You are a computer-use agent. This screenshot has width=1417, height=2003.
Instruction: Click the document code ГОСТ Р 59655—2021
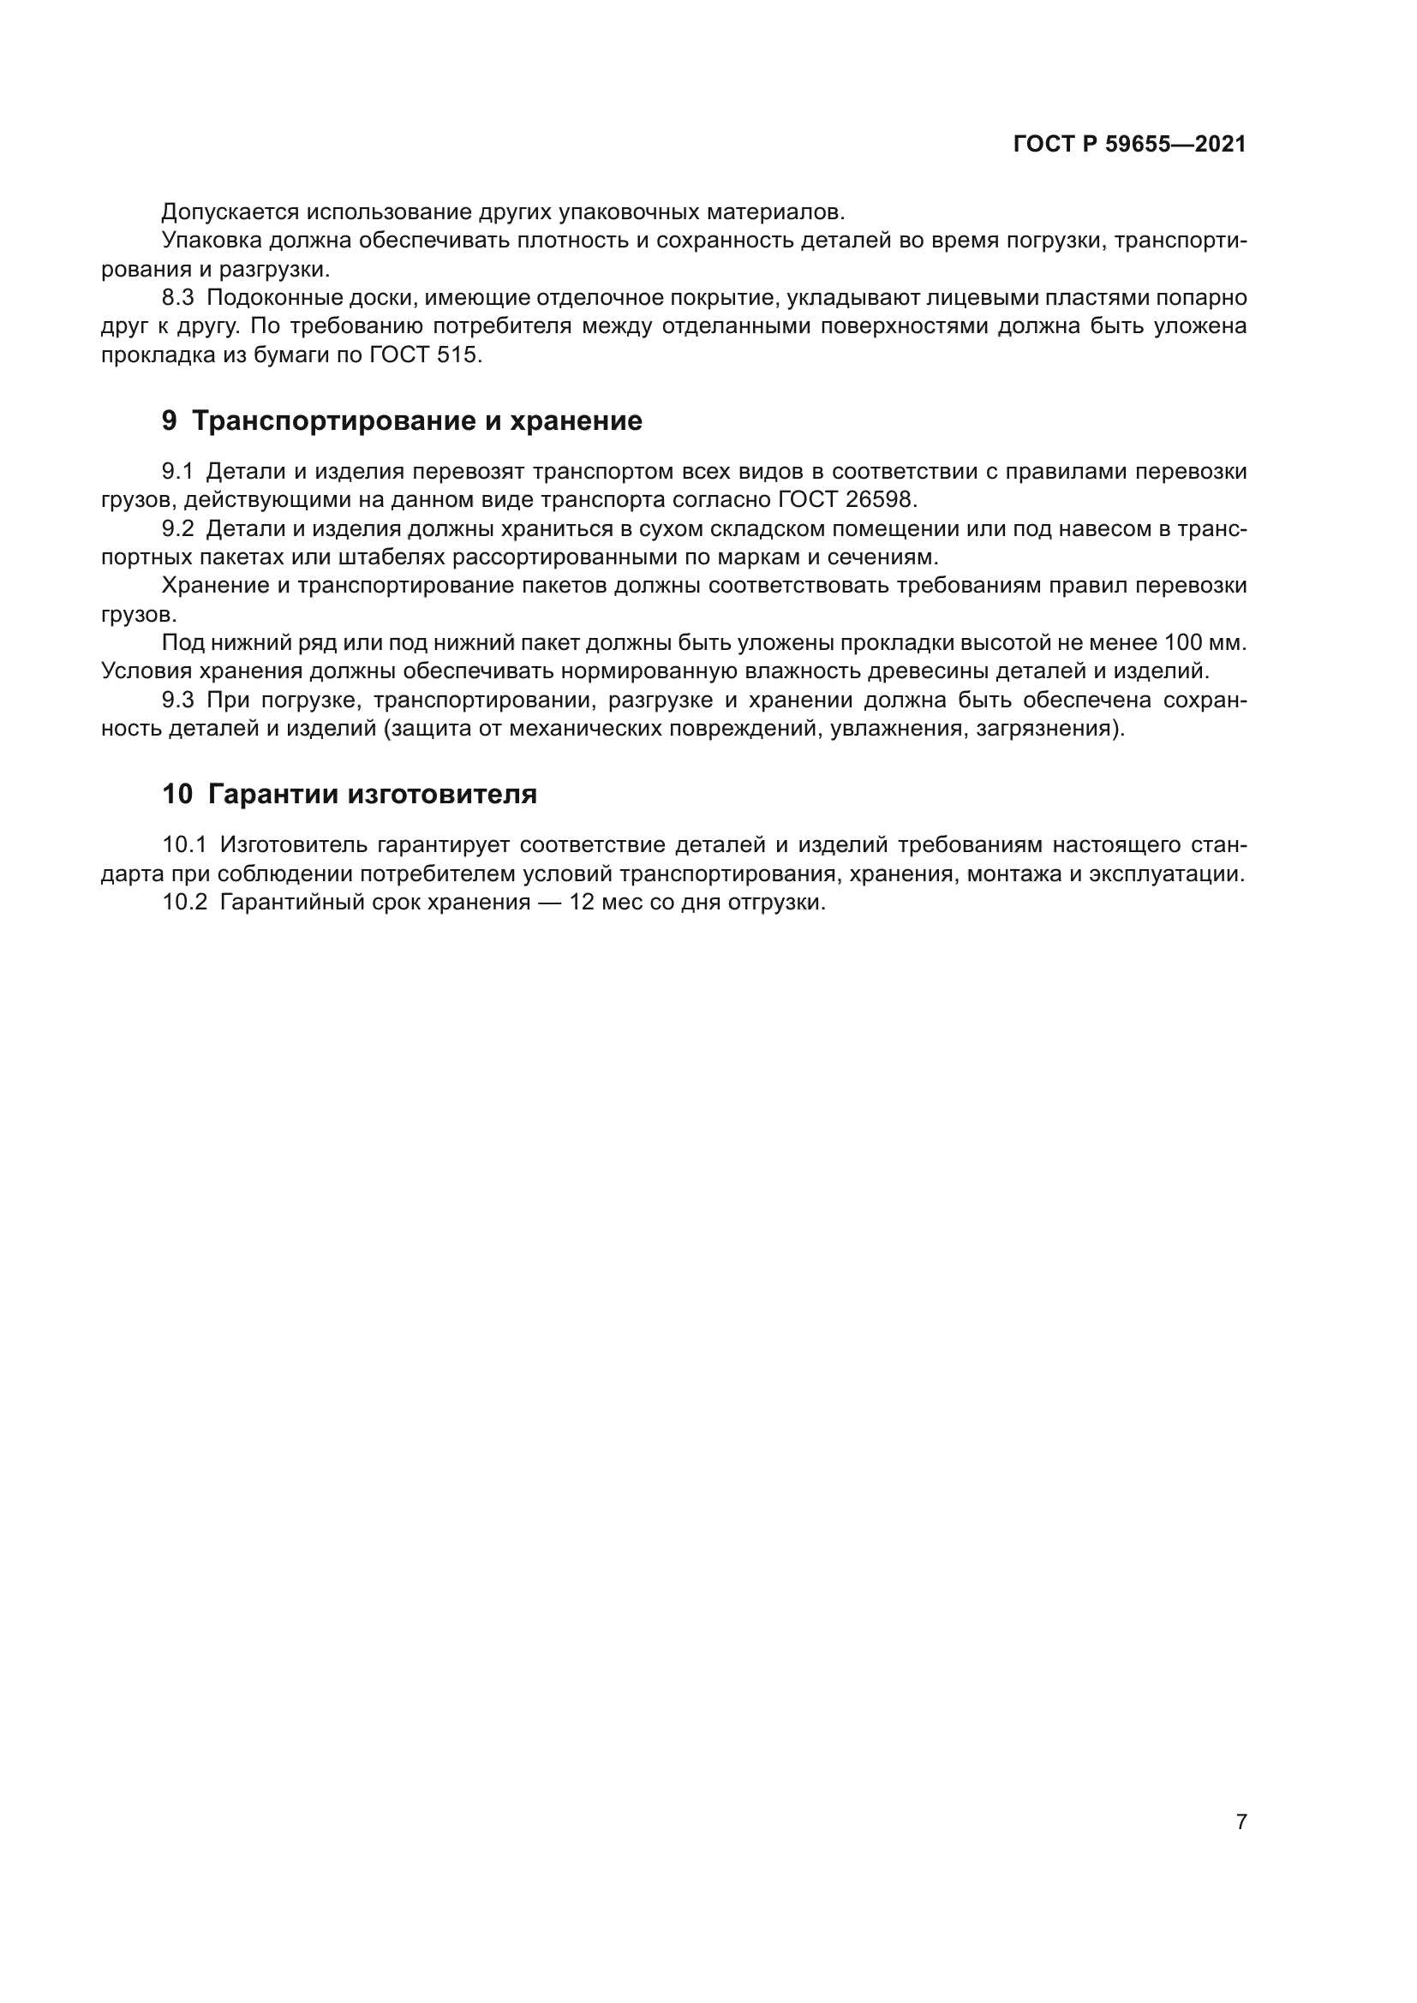click(x=1129, y=145)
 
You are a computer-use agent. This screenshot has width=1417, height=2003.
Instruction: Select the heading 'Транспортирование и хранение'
click(x=416, y=421)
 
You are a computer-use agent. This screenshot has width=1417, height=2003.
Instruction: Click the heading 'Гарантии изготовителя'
click(x=373, y=795)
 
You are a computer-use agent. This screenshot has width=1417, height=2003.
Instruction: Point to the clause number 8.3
click(x=178, y=298)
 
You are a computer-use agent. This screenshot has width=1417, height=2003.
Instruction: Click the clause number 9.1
click(x=178, y=472)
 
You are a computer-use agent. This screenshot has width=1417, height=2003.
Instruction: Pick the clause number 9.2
click(x=178, y=529)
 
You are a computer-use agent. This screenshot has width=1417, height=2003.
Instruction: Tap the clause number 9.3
click(x=178, y=700)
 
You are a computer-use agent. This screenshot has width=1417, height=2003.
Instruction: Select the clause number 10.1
click(x=184, y=845)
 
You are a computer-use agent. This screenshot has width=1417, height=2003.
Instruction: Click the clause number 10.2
click(x=184, y=903)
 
